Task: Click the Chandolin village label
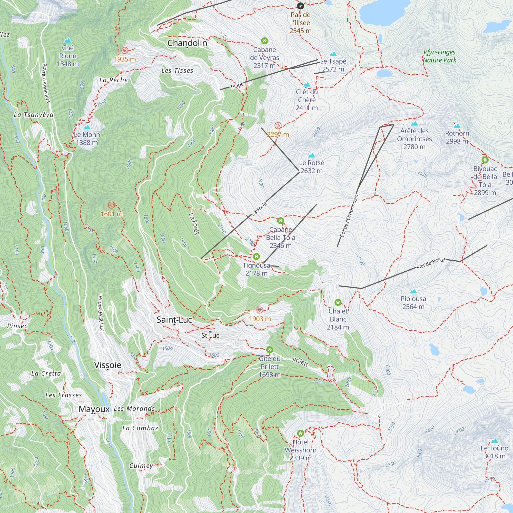[187, 43]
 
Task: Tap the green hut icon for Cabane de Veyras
[264, 41]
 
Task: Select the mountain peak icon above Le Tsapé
[333, 54]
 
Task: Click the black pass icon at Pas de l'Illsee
[300, 6]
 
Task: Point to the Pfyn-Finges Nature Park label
[439, 56]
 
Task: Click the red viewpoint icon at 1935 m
[125, 50]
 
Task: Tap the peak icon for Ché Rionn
[68, 40]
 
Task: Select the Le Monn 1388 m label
[87, 138]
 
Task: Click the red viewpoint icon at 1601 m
[112, 205]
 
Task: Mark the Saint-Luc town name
[174, 320]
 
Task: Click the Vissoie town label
[107, 365]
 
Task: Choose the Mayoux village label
[94, 409]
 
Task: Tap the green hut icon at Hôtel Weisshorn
[300, 433]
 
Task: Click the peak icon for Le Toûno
[494, 441]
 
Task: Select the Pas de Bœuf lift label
[430, 263]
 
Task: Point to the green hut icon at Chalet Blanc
[338, 302]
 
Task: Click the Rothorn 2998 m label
[457, 137]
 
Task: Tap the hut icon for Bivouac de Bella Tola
[485, 160]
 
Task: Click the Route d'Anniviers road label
[46, 83]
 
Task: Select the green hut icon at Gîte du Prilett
[270, 350]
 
